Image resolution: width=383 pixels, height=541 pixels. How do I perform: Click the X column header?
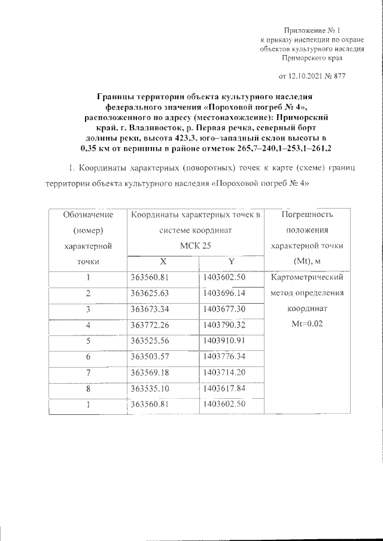point(163,261)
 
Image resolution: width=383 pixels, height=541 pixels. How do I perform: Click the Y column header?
point(230,261)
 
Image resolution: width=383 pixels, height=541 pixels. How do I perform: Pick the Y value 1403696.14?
point(223,294)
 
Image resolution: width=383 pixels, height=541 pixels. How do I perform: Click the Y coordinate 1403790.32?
point(223,325)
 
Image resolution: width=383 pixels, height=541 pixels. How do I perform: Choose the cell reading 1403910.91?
point(223,341)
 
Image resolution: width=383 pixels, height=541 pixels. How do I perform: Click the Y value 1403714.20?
point(223,372)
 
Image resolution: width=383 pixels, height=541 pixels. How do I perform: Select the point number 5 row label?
point(87,341)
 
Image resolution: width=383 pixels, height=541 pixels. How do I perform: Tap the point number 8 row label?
point(87,389)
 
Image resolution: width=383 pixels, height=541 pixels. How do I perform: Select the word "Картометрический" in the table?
point(306,277)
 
